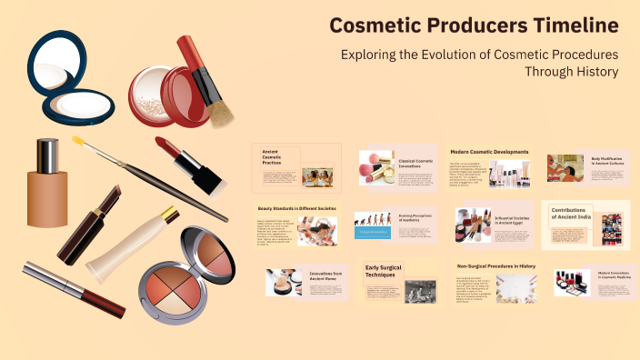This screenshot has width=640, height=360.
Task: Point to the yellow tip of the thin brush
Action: [78, 141]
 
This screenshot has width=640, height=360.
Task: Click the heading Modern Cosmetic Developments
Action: [489, 151]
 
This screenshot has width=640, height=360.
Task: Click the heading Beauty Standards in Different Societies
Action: [295, 210]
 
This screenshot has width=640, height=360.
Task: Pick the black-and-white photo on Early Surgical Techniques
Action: [420, 290]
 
